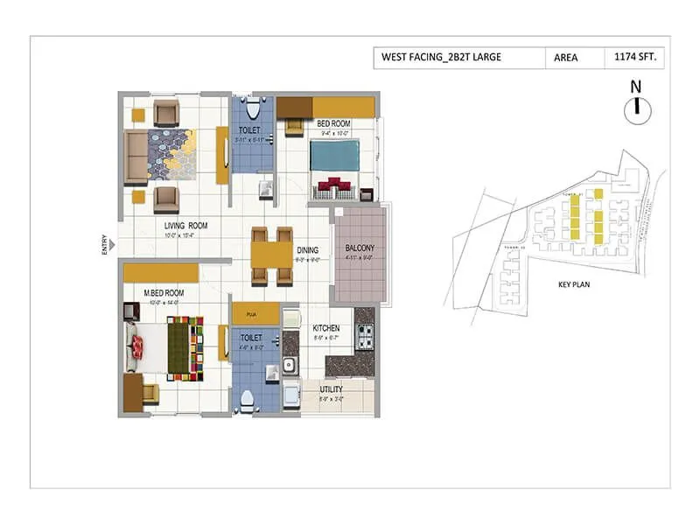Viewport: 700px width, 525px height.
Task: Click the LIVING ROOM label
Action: tap(184, 225)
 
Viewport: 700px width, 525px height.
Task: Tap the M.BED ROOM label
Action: tap(163, 292)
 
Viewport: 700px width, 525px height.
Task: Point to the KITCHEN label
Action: tap(326, 328)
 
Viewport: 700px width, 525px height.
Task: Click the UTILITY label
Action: tap(331, 389)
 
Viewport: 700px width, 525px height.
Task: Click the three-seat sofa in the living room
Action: tap(136, 157)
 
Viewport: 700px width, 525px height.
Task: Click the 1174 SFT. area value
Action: tap(636, 59)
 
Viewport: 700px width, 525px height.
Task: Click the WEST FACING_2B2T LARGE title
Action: tap(441, 59)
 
